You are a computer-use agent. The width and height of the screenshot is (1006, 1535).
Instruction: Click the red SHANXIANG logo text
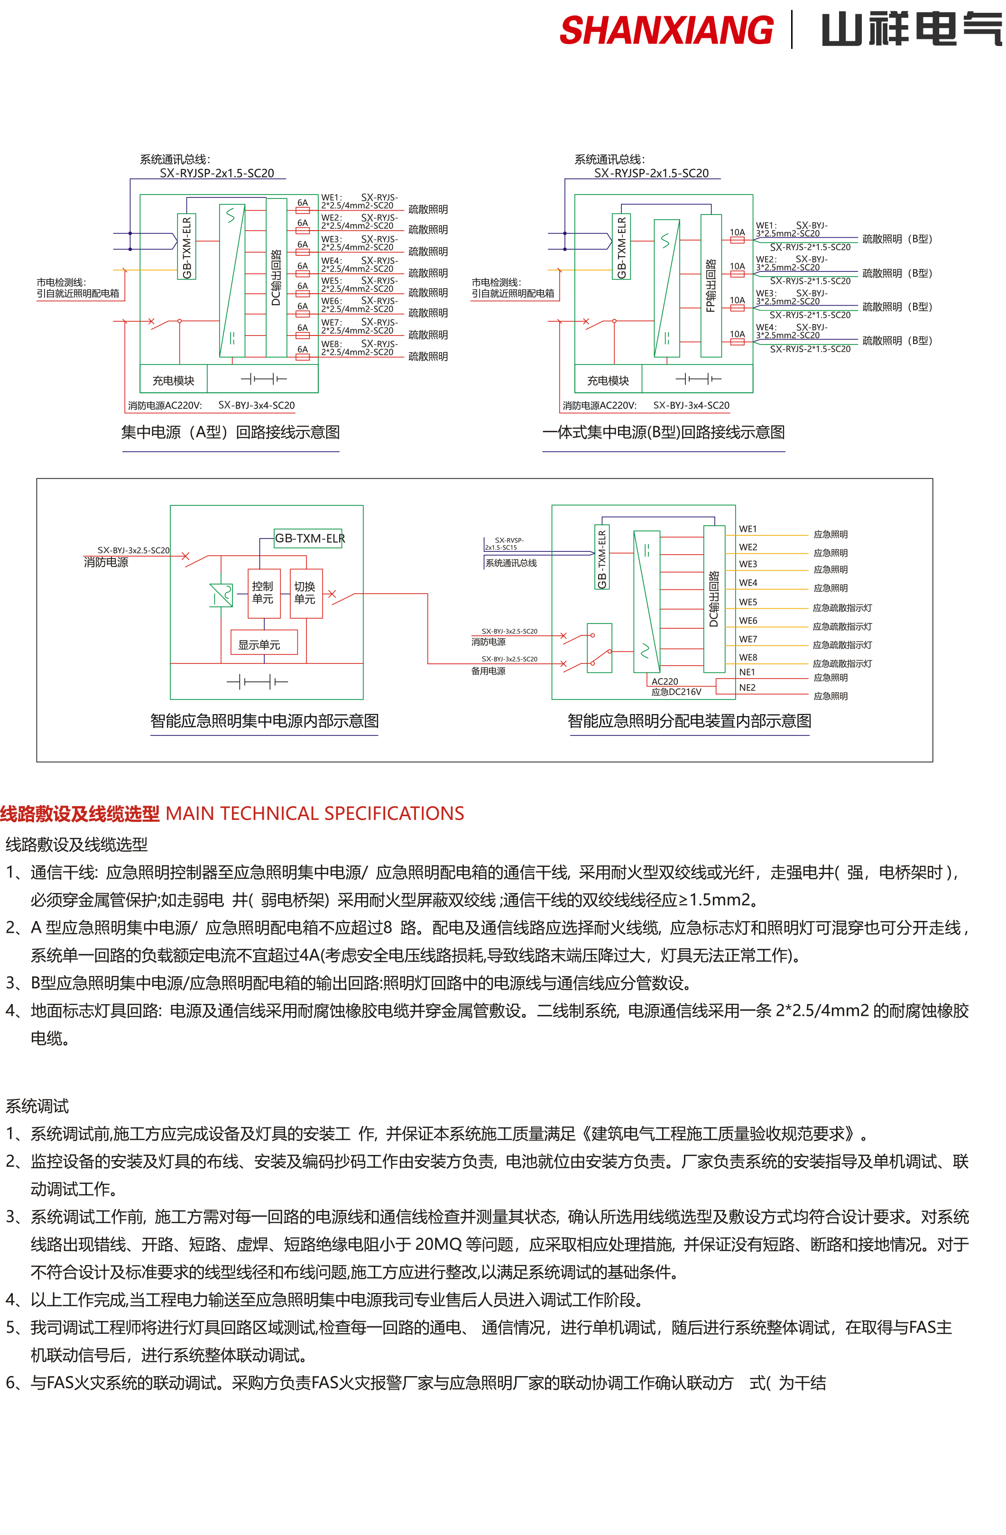pos(665,30)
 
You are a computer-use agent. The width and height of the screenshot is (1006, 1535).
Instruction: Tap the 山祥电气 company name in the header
pos(911,30)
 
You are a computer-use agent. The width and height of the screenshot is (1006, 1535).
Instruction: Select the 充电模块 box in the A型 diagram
pos(173,381)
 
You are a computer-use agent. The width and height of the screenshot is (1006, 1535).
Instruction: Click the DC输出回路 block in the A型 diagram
pos(276,277)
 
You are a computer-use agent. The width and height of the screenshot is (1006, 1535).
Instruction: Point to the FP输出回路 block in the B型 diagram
pos(711,286)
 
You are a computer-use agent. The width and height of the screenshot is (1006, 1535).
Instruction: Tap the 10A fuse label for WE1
pos(737,232)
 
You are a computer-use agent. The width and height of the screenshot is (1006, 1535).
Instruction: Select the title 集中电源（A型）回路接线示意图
pos(230,432)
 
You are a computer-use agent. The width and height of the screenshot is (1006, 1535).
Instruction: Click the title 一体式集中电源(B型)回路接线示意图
pos(664,432)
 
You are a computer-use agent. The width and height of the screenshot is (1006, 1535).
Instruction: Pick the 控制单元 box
pos(263,593)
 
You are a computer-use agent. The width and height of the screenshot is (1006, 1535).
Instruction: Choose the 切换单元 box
pos(305,593)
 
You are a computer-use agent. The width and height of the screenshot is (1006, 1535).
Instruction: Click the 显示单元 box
pos(259,644)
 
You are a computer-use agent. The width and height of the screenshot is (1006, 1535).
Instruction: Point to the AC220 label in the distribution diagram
pos(664,681)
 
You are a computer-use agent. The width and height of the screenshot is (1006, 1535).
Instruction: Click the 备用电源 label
pos(488,671)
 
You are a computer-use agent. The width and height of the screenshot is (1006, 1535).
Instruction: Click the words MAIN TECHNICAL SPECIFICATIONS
pos(314,813)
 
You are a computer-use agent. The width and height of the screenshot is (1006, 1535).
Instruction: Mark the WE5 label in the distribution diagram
pos(748,602)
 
